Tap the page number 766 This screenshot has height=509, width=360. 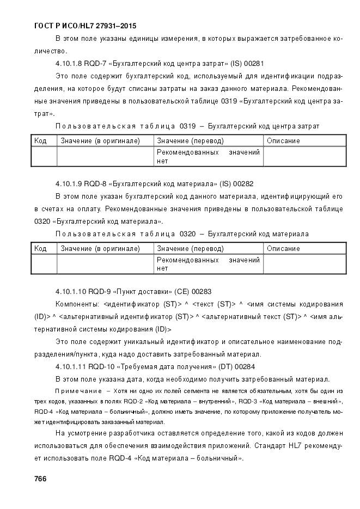[x=40, y=479]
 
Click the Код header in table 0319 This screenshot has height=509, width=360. [x=40, y=141]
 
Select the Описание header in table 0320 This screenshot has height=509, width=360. [x=283, y=249]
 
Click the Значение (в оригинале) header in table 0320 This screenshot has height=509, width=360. [x=100, y=249]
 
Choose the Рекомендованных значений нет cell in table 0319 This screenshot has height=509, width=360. [x=208, y=157]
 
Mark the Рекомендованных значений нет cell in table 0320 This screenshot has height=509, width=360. [x=208, y=264]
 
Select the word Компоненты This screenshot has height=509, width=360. [x=77, y=304]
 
